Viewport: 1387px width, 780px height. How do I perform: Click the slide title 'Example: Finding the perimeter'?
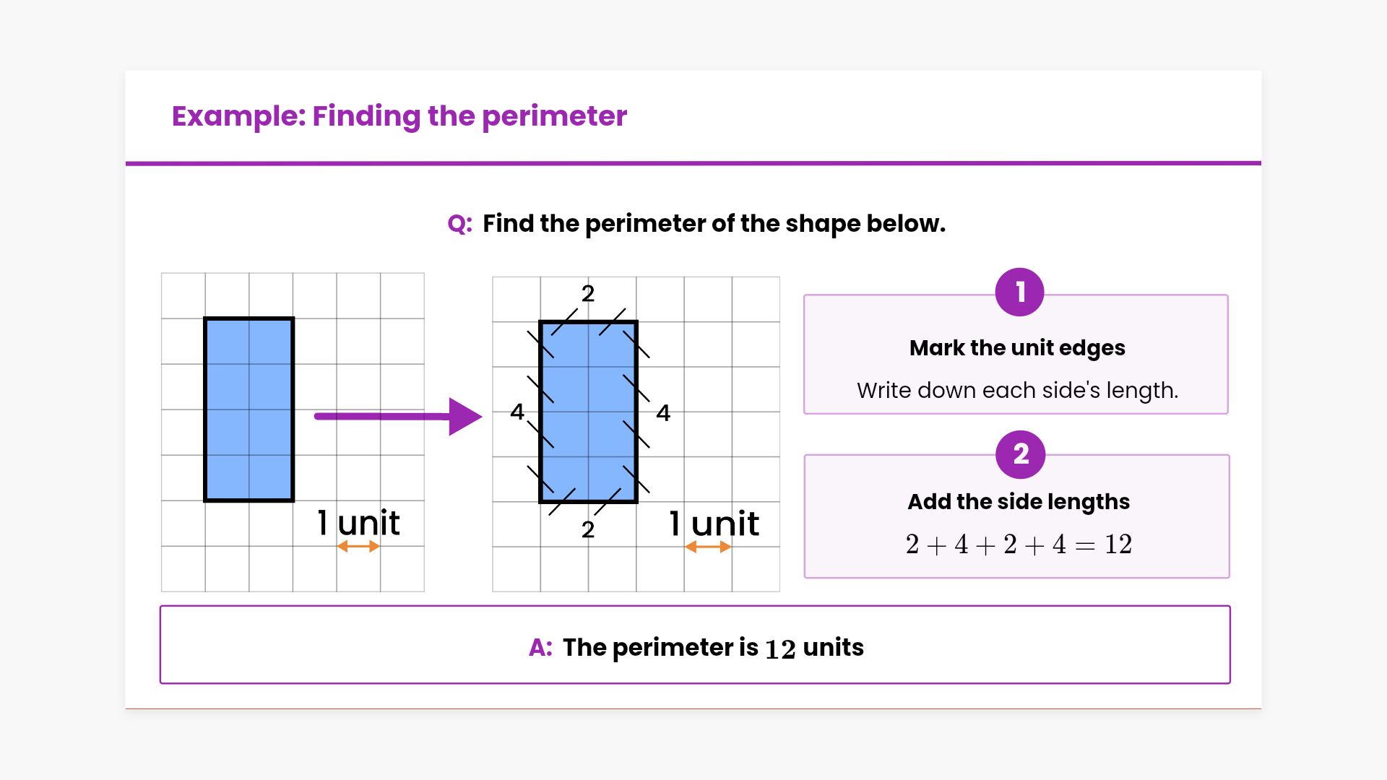pyautogui.click(x=399, y=116)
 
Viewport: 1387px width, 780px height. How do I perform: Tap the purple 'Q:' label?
pyautogui.click(x=460, y=224)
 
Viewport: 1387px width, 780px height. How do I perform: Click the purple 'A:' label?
pyautogui.click(x=541, y=647)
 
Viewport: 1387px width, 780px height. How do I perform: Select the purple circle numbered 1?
pyautogui.click(x=1019, y=292)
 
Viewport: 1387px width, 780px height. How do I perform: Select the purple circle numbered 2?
pyautogui.click(x=1020, y=454)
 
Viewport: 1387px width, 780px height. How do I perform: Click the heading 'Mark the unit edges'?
pyautogui.click(x=1017, y=348)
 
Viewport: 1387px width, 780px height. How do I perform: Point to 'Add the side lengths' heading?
pyautogui.click(x=1019, y=502)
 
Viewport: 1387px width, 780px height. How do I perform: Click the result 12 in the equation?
pyautogui.click(x=1118, y=545)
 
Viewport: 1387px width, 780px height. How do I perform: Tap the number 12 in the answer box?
pyautogui.click(x=780, y=649)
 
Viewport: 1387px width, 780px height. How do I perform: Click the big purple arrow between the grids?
pyautogui.click(x=398, y=417)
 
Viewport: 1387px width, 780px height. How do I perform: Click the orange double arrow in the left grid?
pyautogui.click(x=358, y=547)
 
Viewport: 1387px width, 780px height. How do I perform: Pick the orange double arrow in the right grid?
pyautogui.click(x=708, y=547)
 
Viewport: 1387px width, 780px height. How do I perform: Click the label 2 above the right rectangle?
pyautogui.click(x=588, y=293)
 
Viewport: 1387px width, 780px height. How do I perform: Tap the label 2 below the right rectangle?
pyautogui.click(x=588, y=529)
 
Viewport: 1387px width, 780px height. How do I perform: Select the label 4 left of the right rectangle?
pyautogui.click(x=517, y=412)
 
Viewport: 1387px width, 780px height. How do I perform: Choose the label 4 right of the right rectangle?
pyautogui.click(x=663, y=413)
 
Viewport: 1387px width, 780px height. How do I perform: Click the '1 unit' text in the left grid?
pyautogui.click(x=358, y=522)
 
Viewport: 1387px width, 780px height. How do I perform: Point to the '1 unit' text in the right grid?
pyautogui.click(x=714, y=523)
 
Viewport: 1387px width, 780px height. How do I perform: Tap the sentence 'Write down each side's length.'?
pyautogui.click(x=1017, y=391)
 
